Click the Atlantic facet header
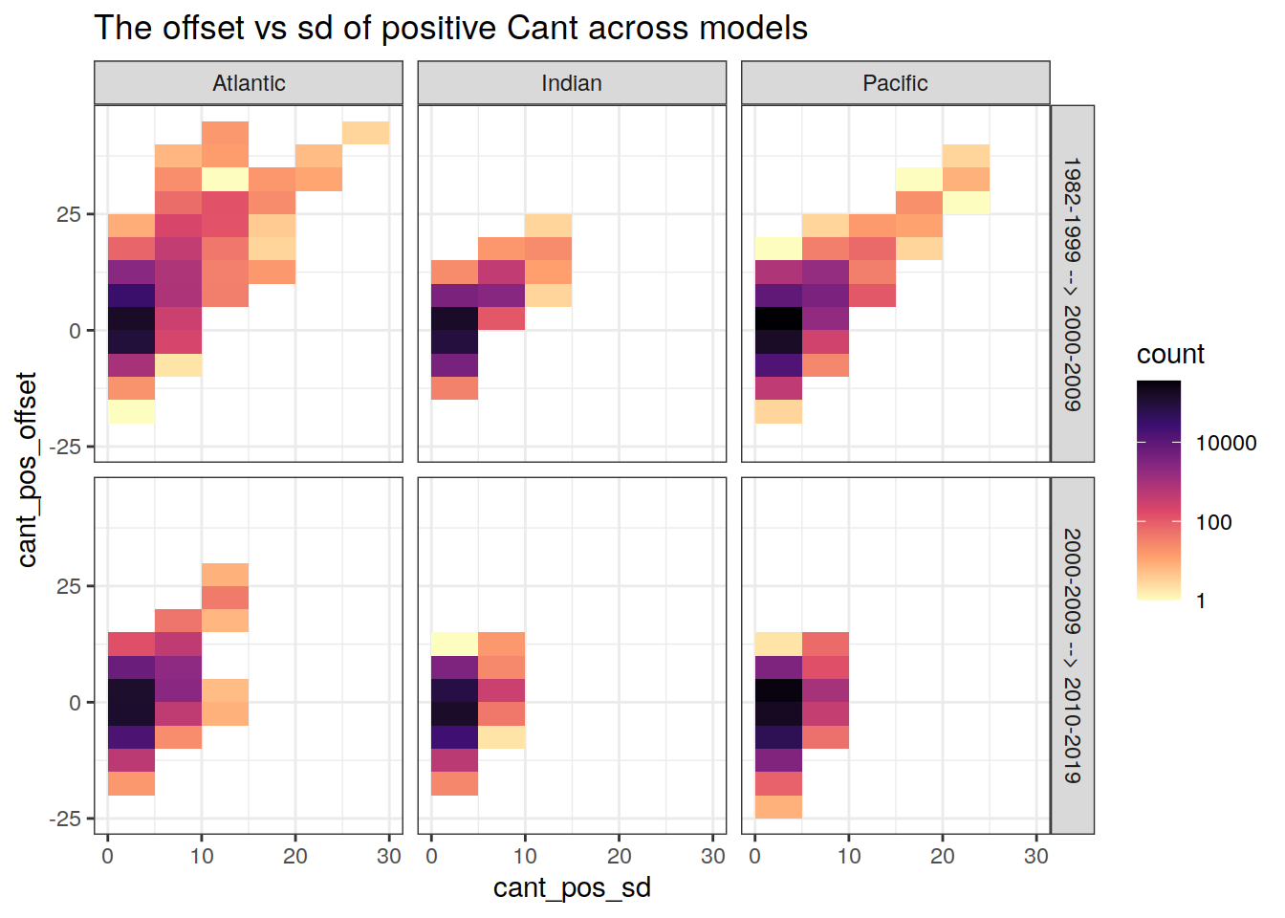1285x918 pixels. (249, 83)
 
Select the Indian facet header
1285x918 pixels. (572, 83)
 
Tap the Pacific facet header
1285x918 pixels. (895, 83)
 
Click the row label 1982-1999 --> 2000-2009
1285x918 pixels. (1073, 284)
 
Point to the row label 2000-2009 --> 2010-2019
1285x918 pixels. (1073, 656)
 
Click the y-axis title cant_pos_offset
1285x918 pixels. (27, 470)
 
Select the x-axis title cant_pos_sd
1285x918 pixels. (572, 887)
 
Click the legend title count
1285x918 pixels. (1170, 354)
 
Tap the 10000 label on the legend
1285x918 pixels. (1226, 443)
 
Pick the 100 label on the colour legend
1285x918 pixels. (1213, 522)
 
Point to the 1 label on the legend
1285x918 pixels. (1201, 601)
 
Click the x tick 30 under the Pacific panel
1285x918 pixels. (1036, 856)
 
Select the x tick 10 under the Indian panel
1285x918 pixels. (525, 856)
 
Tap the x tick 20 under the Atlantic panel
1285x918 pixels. (294, 856)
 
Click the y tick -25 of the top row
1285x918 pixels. (66, 447)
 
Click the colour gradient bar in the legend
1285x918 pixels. (1159, 490)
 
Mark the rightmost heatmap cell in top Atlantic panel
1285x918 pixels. (365, 133)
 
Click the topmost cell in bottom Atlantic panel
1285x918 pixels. (225, 575)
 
